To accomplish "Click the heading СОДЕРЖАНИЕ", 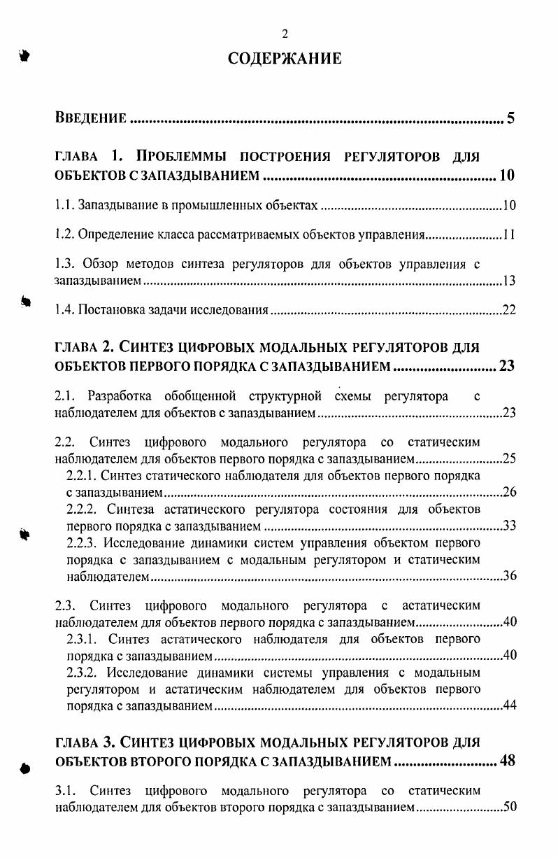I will click(x=285, y=59).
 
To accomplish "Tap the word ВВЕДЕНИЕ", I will click(x=91, y=118).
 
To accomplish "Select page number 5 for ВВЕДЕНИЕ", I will click(x=511, y=117).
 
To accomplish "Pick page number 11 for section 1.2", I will click(x=510, y=235).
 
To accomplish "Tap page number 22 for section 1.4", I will click(x=509, y=311).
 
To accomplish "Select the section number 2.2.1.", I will click(x=81, y=476).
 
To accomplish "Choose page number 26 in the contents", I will click(x=509, y=493).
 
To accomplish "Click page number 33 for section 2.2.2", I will click(x=509, y=526).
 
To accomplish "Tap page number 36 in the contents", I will click(x=509, y=576).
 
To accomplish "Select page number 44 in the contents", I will click(x=509, y=705).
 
